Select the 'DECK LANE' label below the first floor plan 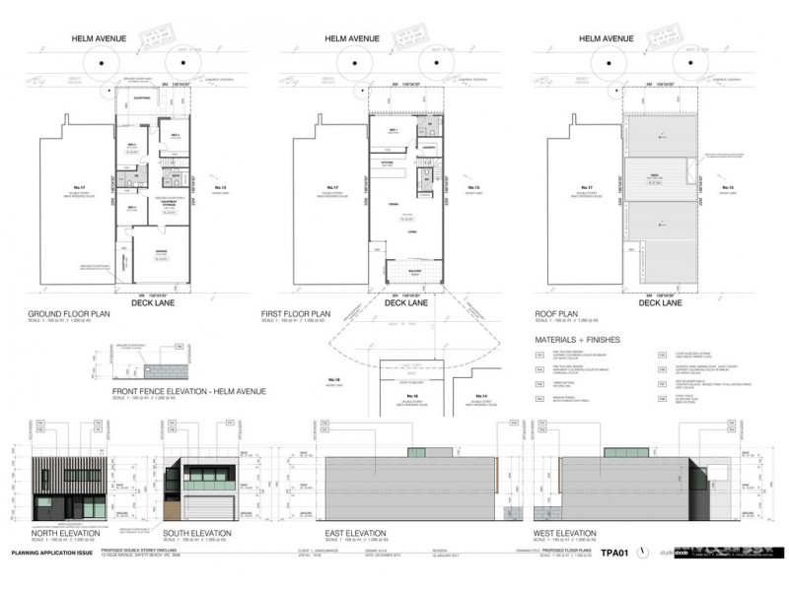[404, 304]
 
